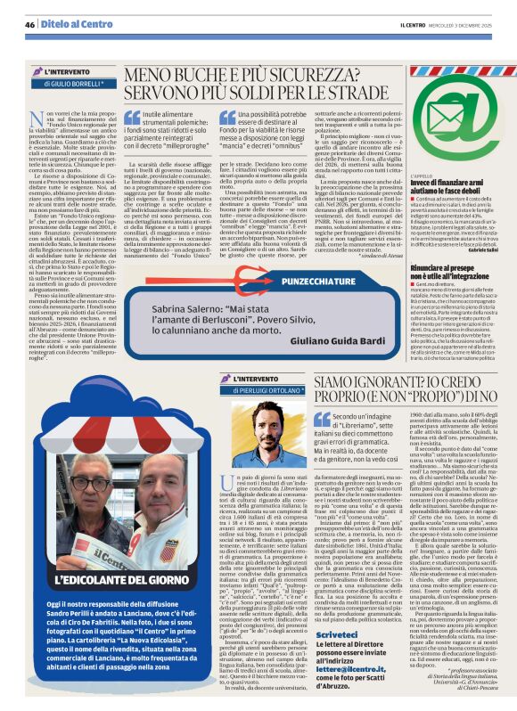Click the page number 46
29,24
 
